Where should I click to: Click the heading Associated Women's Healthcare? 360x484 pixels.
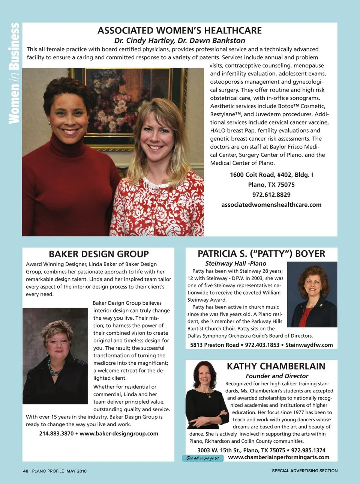tap(180, 30)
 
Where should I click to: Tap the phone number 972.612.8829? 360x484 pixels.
tap(271, 195)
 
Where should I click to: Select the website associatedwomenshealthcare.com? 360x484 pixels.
tap(271, 205)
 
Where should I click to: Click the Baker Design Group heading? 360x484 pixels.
tap(99, 254)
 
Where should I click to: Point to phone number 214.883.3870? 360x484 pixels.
tap(56, 434)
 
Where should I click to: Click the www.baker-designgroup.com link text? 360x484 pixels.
tap(119, 434)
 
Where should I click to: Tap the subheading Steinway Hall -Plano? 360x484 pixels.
tap(235, 263)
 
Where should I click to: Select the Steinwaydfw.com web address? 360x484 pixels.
tap(309, 345)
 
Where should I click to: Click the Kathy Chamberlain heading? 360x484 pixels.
tap(276, 366)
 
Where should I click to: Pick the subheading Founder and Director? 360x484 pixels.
tap(277, 376)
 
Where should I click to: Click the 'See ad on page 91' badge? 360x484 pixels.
tap(203, 458)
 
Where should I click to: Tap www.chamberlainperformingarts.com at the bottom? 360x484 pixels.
tap(279, 457)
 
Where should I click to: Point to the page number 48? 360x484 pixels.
tap(25, 471)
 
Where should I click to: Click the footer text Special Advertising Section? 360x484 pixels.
tap(304, 471)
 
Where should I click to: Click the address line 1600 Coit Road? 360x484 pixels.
tap(271, 175)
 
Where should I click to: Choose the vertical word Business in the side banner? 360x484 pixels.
tap(14, 46)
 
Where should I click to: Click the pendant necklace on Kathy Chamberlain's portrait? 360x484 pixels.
tap(205, 395)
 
